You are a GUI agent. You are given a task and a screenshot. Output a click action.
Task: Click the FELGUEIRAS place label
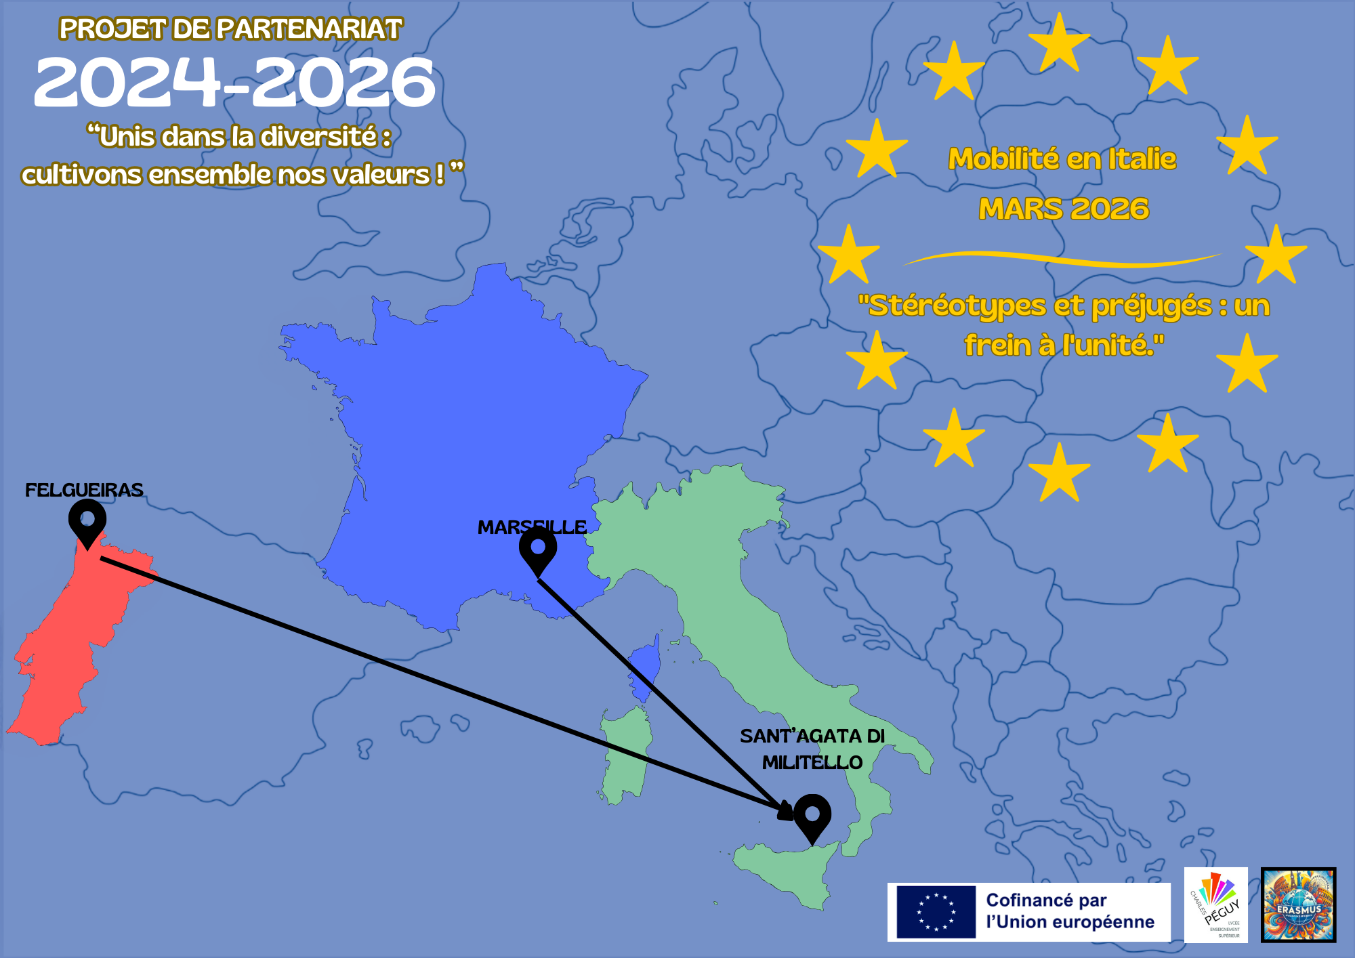coord(84,490)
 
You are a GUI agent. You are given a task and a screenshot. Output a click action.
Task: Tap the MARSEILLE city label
coord(532,527)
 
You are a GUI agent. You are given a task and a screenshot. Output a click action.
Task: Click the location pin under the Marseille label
coord(538,550)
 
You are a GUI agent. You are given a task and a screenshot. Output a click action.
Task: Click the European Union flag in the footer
coord(936,911)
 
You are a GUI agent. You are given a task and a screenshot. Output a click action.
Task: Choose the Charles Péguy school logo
coord(1215,904)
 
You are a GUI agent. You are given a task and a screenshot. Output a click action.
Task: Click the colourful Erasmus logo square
coord(1298,904)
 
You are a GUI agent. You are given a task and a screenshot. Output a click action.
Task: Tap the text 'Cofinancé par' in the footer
coord(1046,900)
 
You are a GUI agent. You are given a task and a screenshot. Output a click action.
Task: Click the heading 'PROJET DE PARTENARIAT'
coord(230,29)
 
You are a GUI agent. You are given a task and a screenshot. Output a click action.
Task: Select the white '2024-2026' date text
coord(234,83)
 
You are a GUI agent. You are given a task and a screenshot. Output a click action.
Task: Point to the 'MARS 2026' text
coord(1064,209)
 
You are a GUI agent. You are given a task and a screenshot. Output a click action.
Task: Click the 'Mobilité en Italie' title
coord(1062,159)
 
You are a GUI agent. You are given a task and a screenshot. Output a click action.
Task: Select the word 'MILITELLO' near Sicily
coord(812,763)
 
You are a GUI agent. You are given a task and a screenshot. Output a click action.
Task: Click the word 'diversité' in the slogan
coord(318,137)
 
